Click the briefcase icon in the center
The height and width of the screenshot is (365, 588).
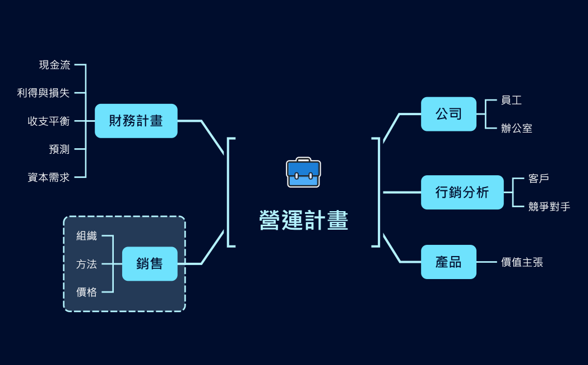[x=303, y=172]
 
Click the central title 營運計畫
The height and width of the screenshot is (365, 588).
[x=304, y=220]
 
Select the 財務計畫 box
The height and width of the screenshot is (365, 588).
[x=136, y=121]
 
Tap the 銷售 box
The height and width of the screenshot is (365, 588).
[x=150, y=263]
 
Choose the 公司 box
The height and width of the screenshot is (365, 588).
[x=448, y=114]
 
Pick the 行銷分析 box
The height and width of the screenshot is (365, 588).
[x=462, y=193]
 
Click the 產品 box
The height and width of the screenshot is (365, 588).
[x=448, y=262]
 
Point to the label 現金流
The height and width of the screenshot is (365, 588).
[x=55, y=65]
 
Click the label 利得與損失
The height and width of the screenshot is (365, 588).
[x=44, y=93]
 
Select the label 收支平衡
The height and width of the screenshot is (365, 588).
[x=49, y=121]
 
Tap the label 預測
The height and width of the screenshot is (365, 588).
[x=59, y=149]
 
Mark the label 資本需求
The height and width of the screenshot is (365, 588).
[x=49, y=177]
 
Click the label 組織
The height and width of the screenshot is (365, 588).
[x=87, y=236]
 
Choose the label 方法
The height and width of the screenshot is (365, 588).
[x=87, y=264]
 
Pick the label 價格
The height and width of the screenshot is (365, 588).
[x=87, y=292]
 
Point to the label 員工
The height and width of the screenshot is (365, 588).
[x=511, y=101]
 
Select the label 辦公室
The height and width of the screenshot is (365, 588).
[x=517, y=129]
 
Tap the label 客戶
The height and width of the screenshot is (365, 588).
[x=539, y=179]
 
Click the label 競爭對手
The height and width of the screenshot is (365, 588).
[x=549, y=207]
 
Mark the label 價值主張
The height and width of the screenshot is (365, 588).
[x=522, y=262]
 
